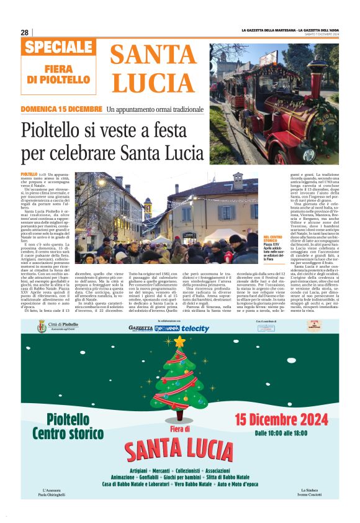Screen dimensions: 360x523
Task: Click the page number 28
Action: [x=25, y=32]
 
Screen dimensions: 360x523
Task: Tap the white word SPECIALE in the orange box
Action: [x=60, y=47]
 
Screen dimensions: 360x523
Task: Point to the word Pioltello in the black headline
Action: [x=52, y=132]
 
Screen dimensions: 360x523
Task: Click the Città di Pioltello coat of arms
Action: [x=42, y=326]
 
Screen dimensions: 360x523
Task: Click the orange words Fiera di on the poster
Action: [x=179, y=429]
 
